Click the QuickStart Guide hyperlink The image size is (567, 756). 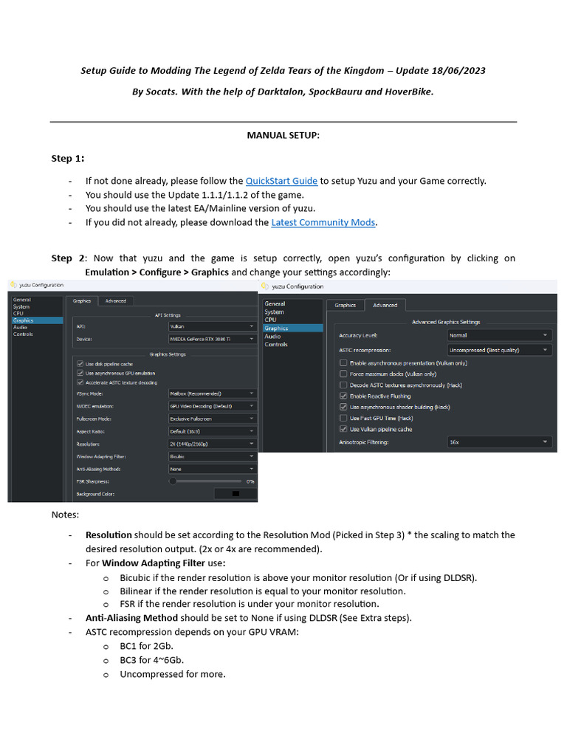coord(281,181)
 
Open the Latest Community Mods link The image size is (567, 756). coord(323,222)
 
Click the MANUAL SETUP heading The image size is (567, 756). coord(283,136)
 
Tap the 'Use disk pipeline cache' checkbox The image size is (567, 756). coord(80,364)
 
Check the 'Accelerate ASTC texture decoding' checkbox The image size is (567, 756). coord(80,382)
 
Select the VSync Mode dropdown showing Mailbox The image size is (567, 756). coord(212,394)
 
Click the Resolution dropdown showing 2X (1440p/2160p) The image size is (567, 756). coord(212,444)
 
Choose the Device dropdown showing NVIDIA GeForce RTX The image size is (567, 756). coord(212,340)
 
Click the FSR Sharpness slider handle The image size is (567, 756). coord(173,481)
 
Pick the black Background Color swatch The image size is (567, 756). coord(236,493)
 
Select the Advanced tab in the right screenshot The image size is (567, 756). coord(385,305)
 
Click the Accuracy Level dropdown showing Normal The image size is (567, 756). coord(499,335)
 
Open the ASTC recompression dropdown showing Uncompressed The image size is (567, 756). coord(499,350)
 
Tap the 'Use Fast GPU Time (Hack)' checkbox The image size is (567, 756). coord(343,418)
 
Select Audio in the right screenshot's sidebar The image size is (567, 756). coord(272,337)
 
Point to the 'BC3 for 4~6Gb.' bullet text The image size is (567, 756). coord(152,660)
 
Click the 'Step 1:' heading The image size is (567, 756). coord(67,159)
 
